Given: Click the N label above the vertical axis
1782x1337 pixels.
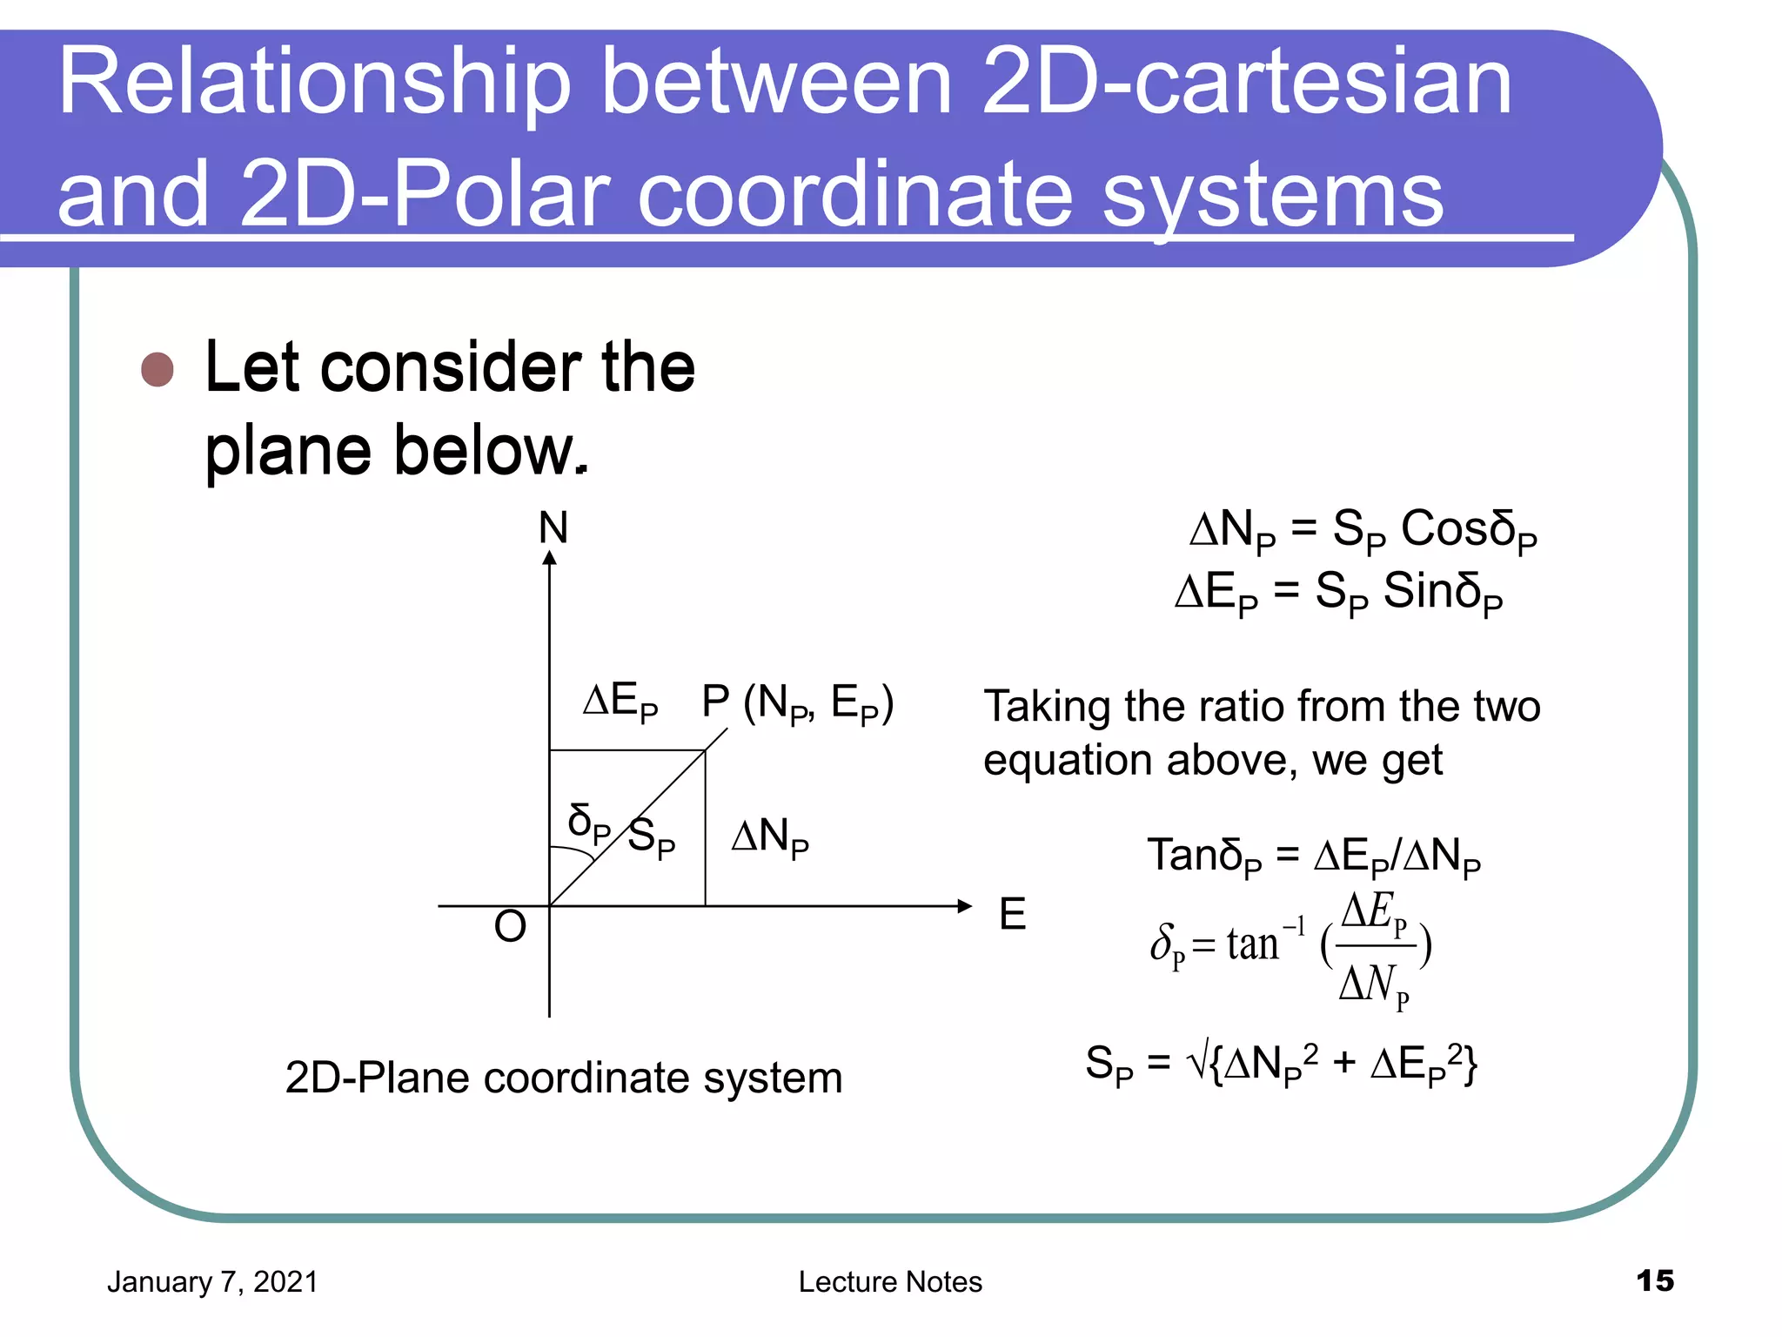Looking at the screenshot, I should coord(553,527).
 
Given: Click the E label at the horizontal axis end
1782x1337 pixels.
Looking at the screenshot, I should coord(1012,914).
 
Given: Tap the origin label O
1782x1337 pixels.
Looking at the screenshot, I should coord(510,926).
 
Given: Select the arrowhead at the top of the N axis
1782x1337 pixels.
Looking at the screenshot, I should coord(549,558).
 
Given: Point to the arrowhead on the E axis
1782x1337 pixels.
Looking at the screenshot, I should coord(964,906).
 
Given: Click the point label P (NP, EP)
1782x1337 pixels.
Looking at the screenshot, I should coord(797,703).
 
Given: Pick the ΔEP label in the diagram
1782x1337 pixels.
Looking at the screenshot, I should coord(620,702).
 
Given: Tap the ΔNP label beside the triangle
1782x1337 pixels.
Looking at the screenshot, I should coord(770,837).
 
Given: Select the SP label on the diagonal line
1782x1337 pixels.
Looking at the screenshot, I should coord(651,838).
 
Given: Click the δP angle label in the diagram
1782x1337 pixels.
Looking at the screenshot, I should coord(588,823).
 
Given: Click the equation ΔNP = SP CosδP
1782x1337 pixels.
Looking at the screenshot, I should coord(1363,530).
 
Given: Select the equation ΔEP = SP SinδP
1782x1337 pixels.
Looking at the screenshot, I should coord(1338,593).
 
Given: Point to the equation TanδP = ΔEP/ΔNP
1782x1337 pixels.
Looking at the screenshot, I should coord(1313,857).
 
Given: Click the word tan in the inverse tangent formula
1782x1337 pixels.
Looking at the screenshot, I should coord(1252,944).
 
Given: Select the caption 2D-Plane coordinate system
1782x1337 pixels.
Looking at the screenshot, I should coord(564,1078).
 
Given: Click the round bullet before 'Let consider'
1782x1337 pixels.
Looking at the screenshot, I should coord(157,369).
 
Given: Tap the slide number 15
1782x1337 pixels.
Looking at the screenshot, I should coord(1654,1280).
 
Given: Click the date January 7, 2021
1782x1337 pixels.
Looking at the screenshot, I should coord(212,1282).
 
